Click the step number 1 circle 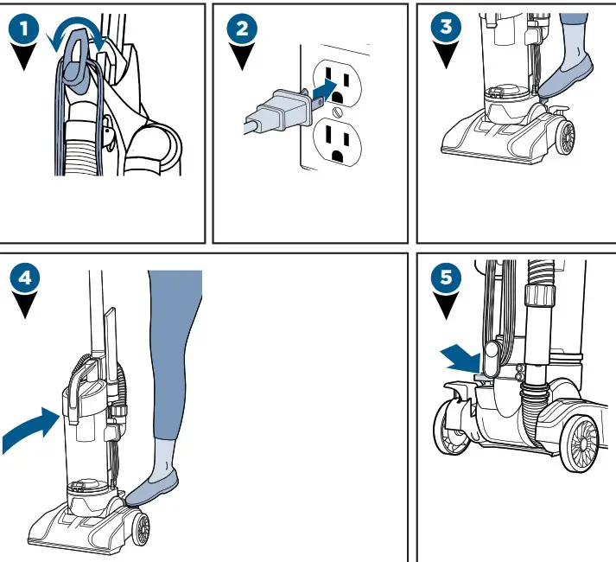coord(29,28)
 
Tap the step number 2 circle coord(241,28)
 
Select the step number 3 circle coord(445,28)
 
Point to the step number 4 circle coord(29,278)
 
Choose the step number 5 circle coord(445,278)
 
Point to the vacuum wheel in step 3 coord(566,137)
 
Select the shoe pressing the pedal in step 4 coord(154,486)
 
